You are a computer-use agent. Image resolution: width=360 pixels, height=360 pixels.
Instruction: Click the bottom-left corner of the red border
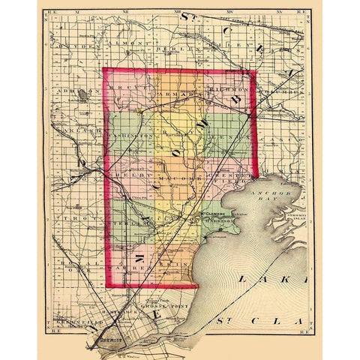106,286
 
